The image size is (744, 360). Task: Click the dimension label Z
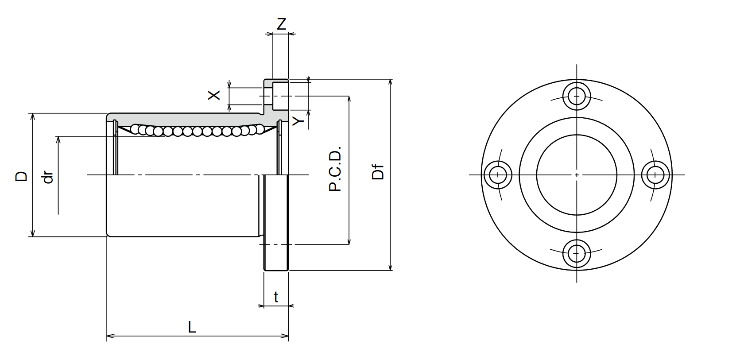[x=281, y=24]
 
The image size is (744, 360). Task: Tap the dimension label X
[x=214, y=95]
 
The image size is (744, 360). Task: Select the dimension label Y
[x=298, y=121]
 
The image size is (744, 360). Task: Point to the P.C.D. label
[x=335, y=168]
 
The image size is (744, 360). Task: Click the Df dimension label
[x=378, y=172]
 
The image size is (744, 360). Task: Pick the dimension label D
[x=21, y=176]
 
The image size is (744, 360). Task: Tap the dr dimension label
[x=48, y=177]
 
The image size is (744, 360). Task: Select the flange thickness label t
[x=276, y=297]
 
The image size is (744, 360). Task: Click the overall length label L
[x=192, y=327]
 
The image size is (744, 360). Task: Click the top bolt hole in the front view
[x=577, y=96]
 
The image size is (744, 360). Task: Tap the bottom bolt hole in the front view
[x=577, y=253]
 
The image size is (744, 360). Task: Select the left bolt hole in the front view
[x=498, y=174]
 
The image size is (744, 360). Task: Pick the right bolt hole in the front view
[x=655, y=174]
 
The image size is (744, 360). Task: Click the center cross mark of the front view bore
[x=577, y=174]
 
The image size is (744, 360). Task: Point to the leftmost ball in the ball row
[x=135, y=128]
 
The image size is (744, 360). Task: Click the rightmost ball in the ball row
[x=260, y=129]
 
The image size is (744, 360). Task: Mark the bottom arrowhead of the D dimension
[x=33, y=233]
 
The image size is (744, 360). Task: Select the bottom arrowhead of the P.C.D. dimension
[x=349, y=240]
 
